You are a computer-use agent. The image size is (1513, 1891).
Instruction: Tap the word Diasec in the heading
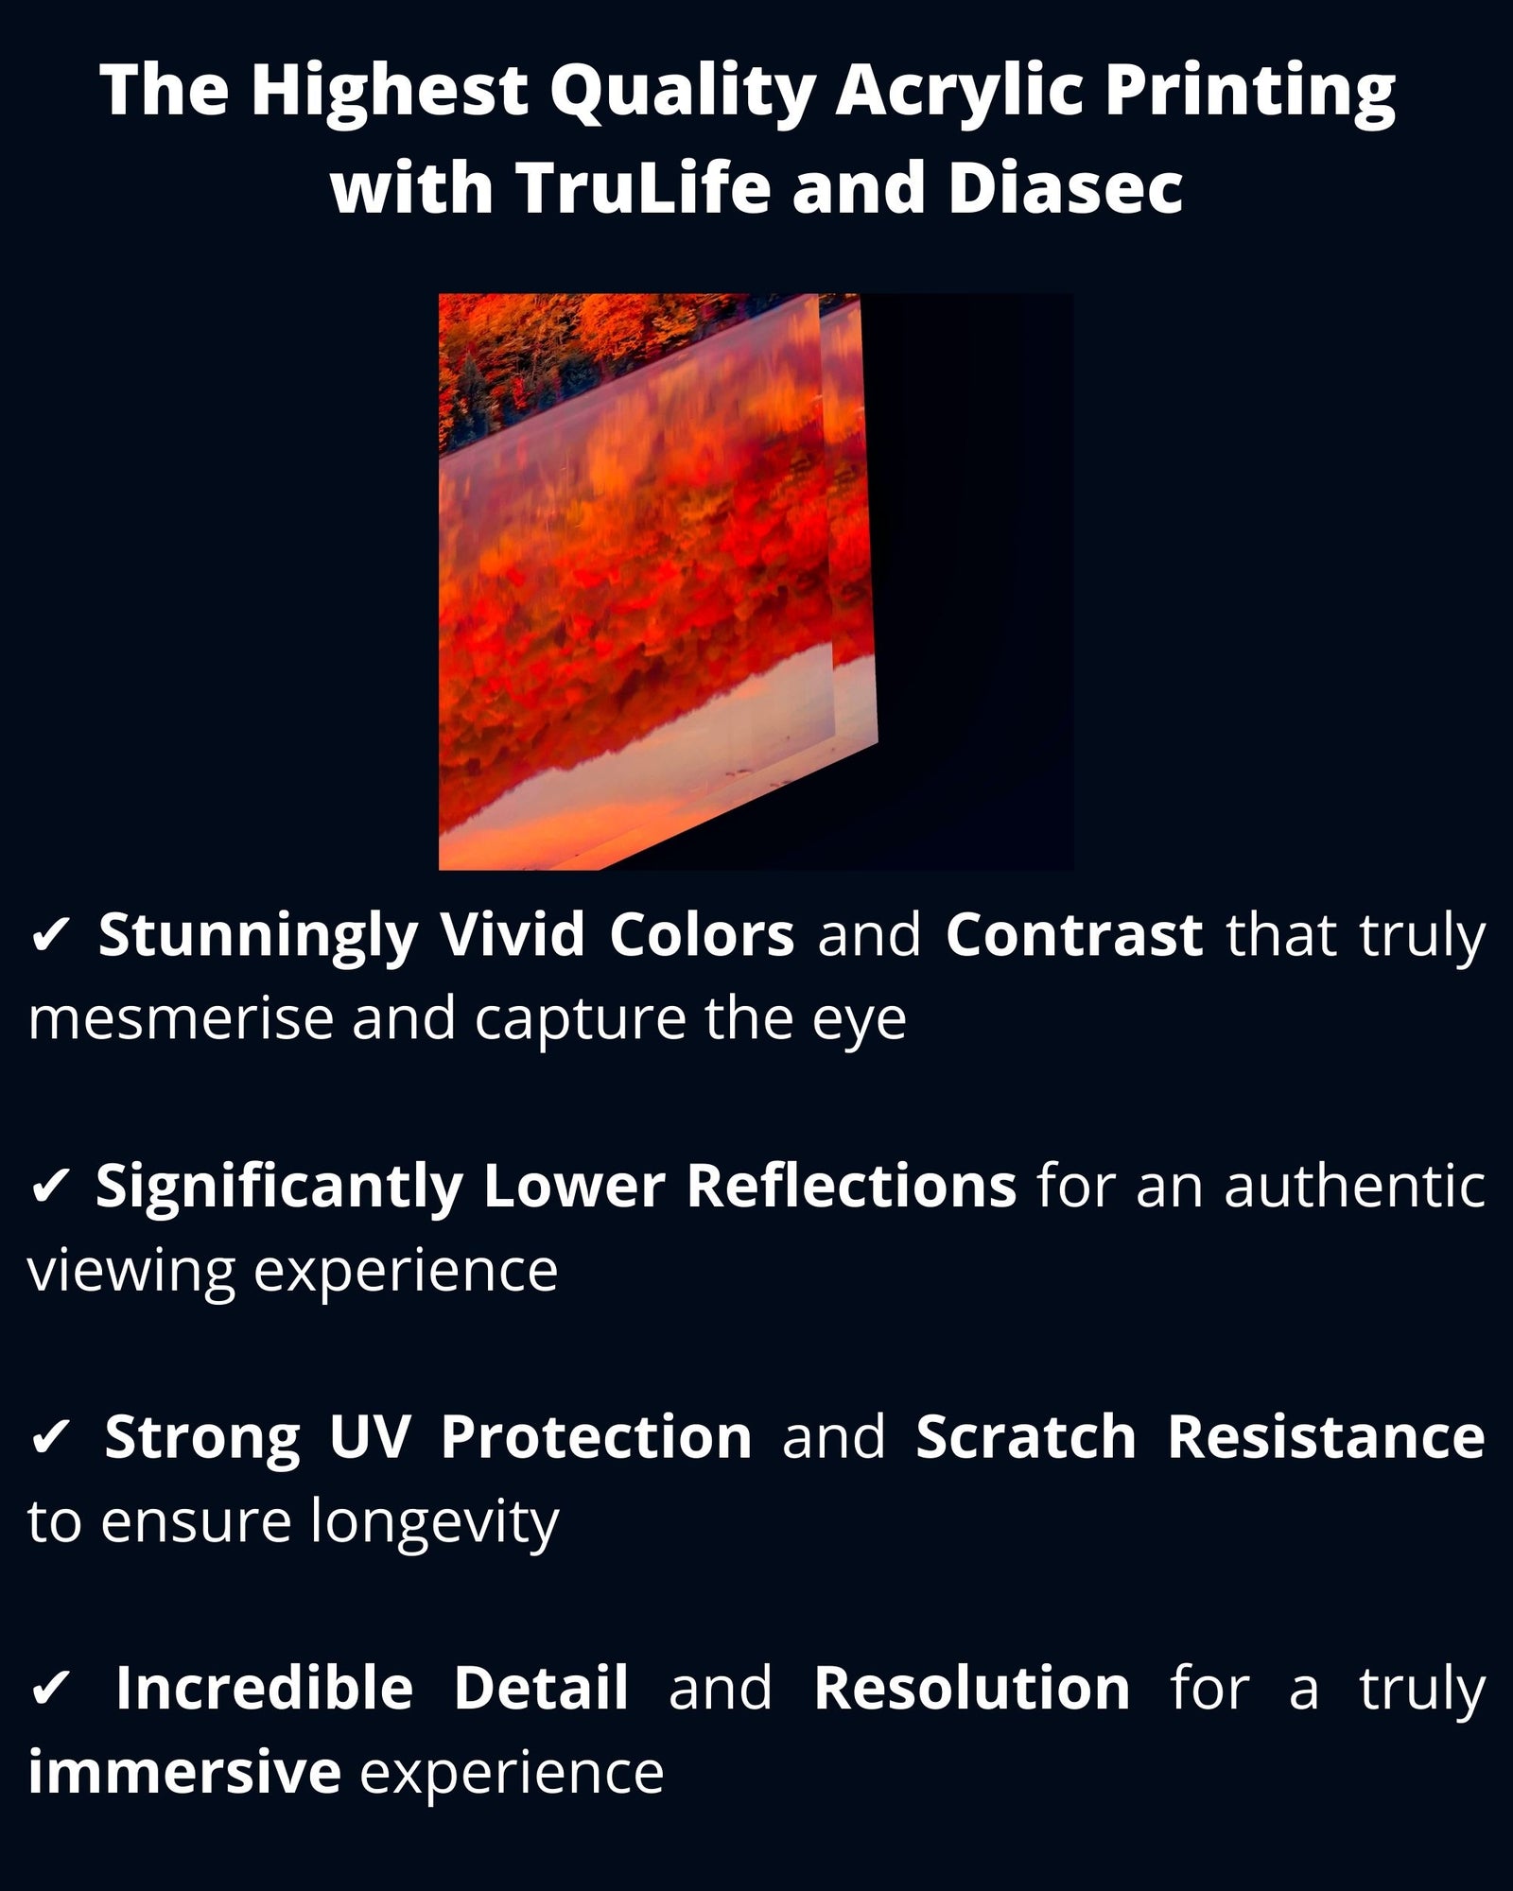pos(1065,186)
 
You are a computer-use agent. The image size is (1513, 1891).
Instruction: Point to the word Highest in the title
pos(389,92)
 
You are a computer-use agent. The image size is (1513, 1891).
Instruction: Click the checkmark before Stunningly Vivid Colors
pos(50,935)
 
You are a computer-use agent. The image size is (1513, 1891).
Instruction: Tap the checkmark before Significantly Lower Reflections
pos(50,1187)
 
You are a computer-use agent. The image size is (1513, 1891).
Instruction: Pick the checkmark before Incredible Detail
pos(50,1689)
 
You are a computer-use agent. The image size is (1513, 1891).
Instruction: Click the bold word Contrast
pos(1074,935)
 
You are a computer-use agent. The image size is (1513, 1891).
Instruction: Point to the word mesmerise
pos(180,1019)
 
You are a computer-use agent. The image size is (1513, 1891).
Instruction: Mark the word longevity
pos(435,1523)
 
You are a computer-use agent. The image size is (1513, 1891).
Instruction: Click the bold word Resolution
pos(972,1688)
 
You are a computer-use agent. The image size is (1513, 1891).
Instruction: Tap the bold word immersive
pos(184,1772)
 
